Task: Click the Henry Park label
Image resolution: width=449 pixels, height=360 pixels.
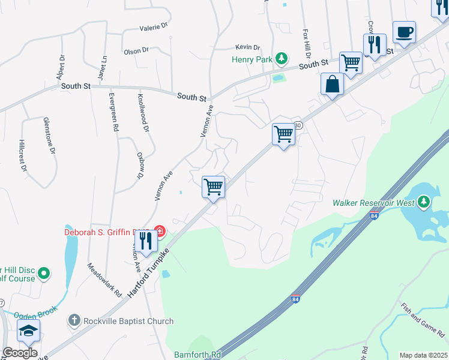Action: click(x=252, y=59)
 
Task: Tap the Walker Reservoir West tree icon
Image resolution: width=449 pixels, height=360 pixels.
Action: click(x=424, y=201)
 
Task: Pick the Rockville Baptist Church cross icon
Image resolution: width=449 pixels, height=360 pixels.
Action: click(x=73, y=321)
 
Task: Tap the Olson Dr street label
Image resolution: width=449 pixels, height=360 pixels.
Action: click(x=136, y=51)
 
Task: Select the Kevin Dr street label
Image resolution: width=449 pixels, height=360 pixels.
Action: click(x=247, y=47)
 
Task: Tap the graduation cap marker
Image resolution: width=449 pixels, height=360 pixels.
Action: click(x=28, y=331)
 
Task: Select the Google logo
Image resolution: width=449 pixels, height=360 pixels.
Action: click(x=20, y=353)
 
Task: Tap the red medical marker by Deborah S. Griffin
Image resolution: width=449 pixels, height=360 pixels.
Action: click(x=159, y=231)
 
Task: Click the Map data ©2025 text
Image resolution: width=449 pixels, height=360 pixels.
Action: click(x=423, y=355)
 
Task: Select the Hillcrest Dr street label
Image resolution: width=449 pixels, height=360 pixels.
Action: click(x=22, y=156)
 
